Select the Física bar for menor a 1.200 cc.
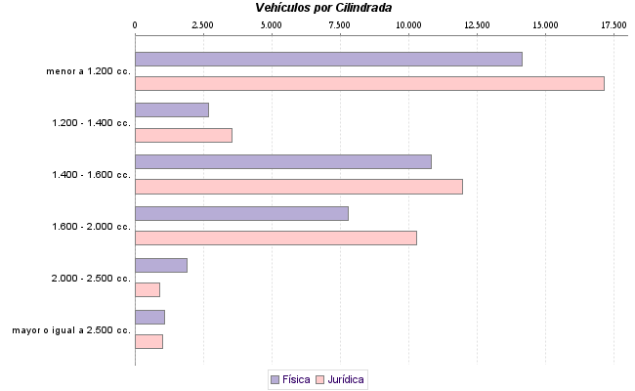click(328, 59)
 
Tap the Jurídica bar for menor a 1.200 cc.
click(369, 83)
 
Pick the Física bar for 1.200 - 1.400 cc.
click(172, 110)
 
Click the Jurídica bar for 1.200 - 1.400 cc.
click(184, 135)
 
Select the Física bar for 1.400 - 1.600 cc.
click(283, 161)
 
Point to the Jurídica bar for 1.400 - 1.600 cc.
click(299, 187)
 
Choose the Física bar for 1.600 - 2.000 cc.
click(241, 213)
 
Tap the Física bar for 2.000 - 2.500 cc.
click(161, 265)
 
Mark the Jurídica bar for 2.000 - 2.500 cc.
click(148, 289)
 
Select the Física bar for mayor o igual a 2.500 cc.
click(149, 317)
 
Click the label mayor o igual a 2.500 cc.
click(71, 330)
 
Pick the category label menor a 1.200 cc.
click(88, 71)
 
